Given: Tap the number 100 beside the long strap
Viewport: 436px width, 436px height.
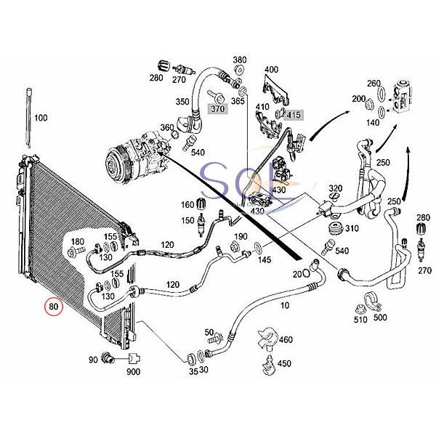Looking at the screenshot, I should pyautogui.click(x=41, y=117).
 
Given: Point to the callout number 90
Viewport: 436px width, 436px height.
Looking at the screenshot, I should pyautogui.click(x=93, y=360).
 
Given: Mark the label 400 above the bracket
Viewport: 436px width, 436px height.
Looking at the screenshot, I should pyautogui.click(x=271, y=70).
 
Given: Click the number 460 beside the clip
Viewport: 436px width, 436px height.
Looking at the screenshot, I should pyautogui.click(x=286, y=339).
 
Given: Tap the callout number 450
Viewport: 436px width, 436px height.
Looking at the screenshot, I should pyautogui.click(x=286, y=363).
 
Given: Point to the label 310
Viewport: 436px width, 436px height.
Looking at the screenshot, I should pyautogui.click(x=352, y=229).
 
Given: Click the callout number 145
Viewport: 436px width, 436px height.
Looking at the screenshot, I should pyautogui.click(x=265, y=260).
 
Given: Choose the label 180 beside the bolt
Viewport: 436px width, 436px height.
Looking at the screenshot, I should pyautogui.click(x=78, y=241).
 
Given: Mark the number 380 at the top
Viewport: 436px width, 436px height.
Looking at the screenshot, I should pyautogui.click(x=239, y=60).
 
